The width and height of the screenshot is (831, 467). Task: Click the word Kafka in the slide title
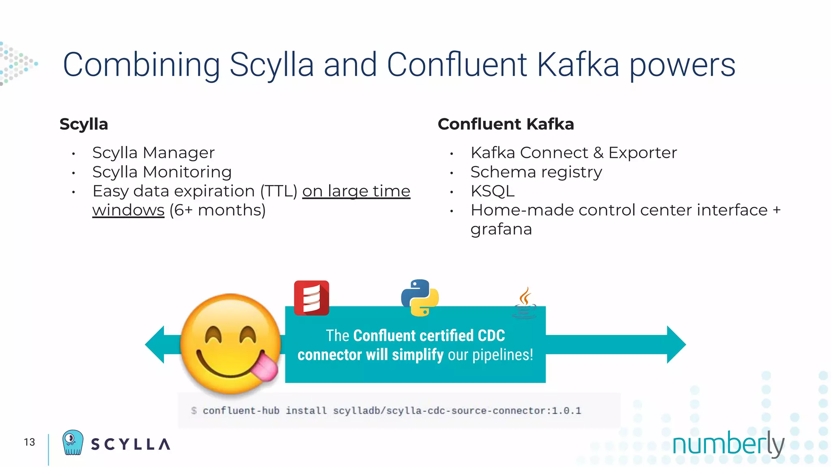578,65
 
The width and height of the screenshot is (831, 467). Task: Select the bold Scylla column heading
84,124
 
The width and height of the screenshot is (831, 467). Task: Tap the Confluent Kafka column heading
506,124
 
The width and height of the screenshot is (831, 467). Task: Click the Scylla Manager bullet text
153,153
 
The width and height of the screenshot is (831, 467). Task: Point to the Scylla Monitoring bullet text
162,172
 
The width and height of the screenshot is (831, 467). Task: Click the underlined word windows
128,210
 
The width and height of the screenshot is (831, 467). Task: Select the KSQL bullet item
492,191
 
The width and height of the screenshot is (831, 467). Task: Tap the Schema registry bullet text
536,172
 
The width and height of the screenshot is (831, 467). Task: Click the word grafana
501,229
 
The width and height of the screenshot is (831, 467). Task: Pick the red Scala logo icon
311,298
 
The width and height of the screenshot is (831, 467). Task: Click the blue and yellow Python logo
420,298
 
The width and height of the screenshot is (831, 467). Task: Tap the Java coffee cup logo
525,303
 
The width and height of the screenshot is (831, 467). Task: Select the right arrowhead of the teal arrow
676,345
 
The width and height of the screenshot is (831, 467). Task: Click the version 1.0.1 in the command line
566,411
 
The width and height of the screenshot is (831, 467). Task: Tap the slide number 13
29,442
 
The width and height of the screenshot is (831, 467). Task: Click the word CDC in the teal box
491,336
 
